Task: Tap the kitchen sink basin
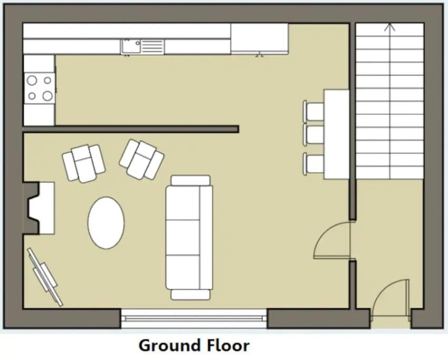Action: coord(131,47)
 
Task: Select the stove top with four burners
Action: coord(40,88)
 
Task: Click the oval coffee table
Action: coord(106,222)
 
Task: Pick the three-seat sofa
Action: coord(189,238)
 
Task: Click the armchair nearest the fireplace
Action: coord(83,163)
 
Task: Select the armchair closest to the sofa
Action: coord(141,159)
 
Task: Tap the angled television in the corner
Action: coord(45,276)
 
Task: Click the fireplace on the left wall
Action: coord(38,208)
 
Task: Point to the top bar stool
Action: coord(314,111)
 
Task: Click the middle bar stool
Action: coord(314,134)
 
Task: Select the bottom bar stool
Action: coord(314,163)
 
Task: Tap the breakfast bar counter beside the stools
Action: coord(336,134)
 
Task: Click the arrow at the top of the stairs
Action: coord(390,28)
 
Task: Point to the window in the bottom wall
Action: coord(194,318)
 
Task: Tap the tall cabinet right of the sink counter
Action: coord(259,38)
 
